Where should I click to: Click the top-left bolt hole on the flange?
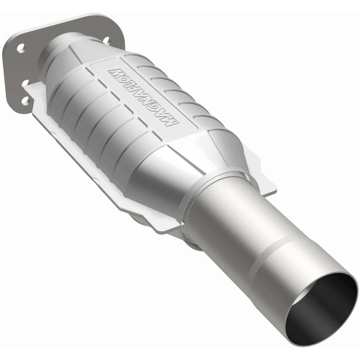tap(20, 48)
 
